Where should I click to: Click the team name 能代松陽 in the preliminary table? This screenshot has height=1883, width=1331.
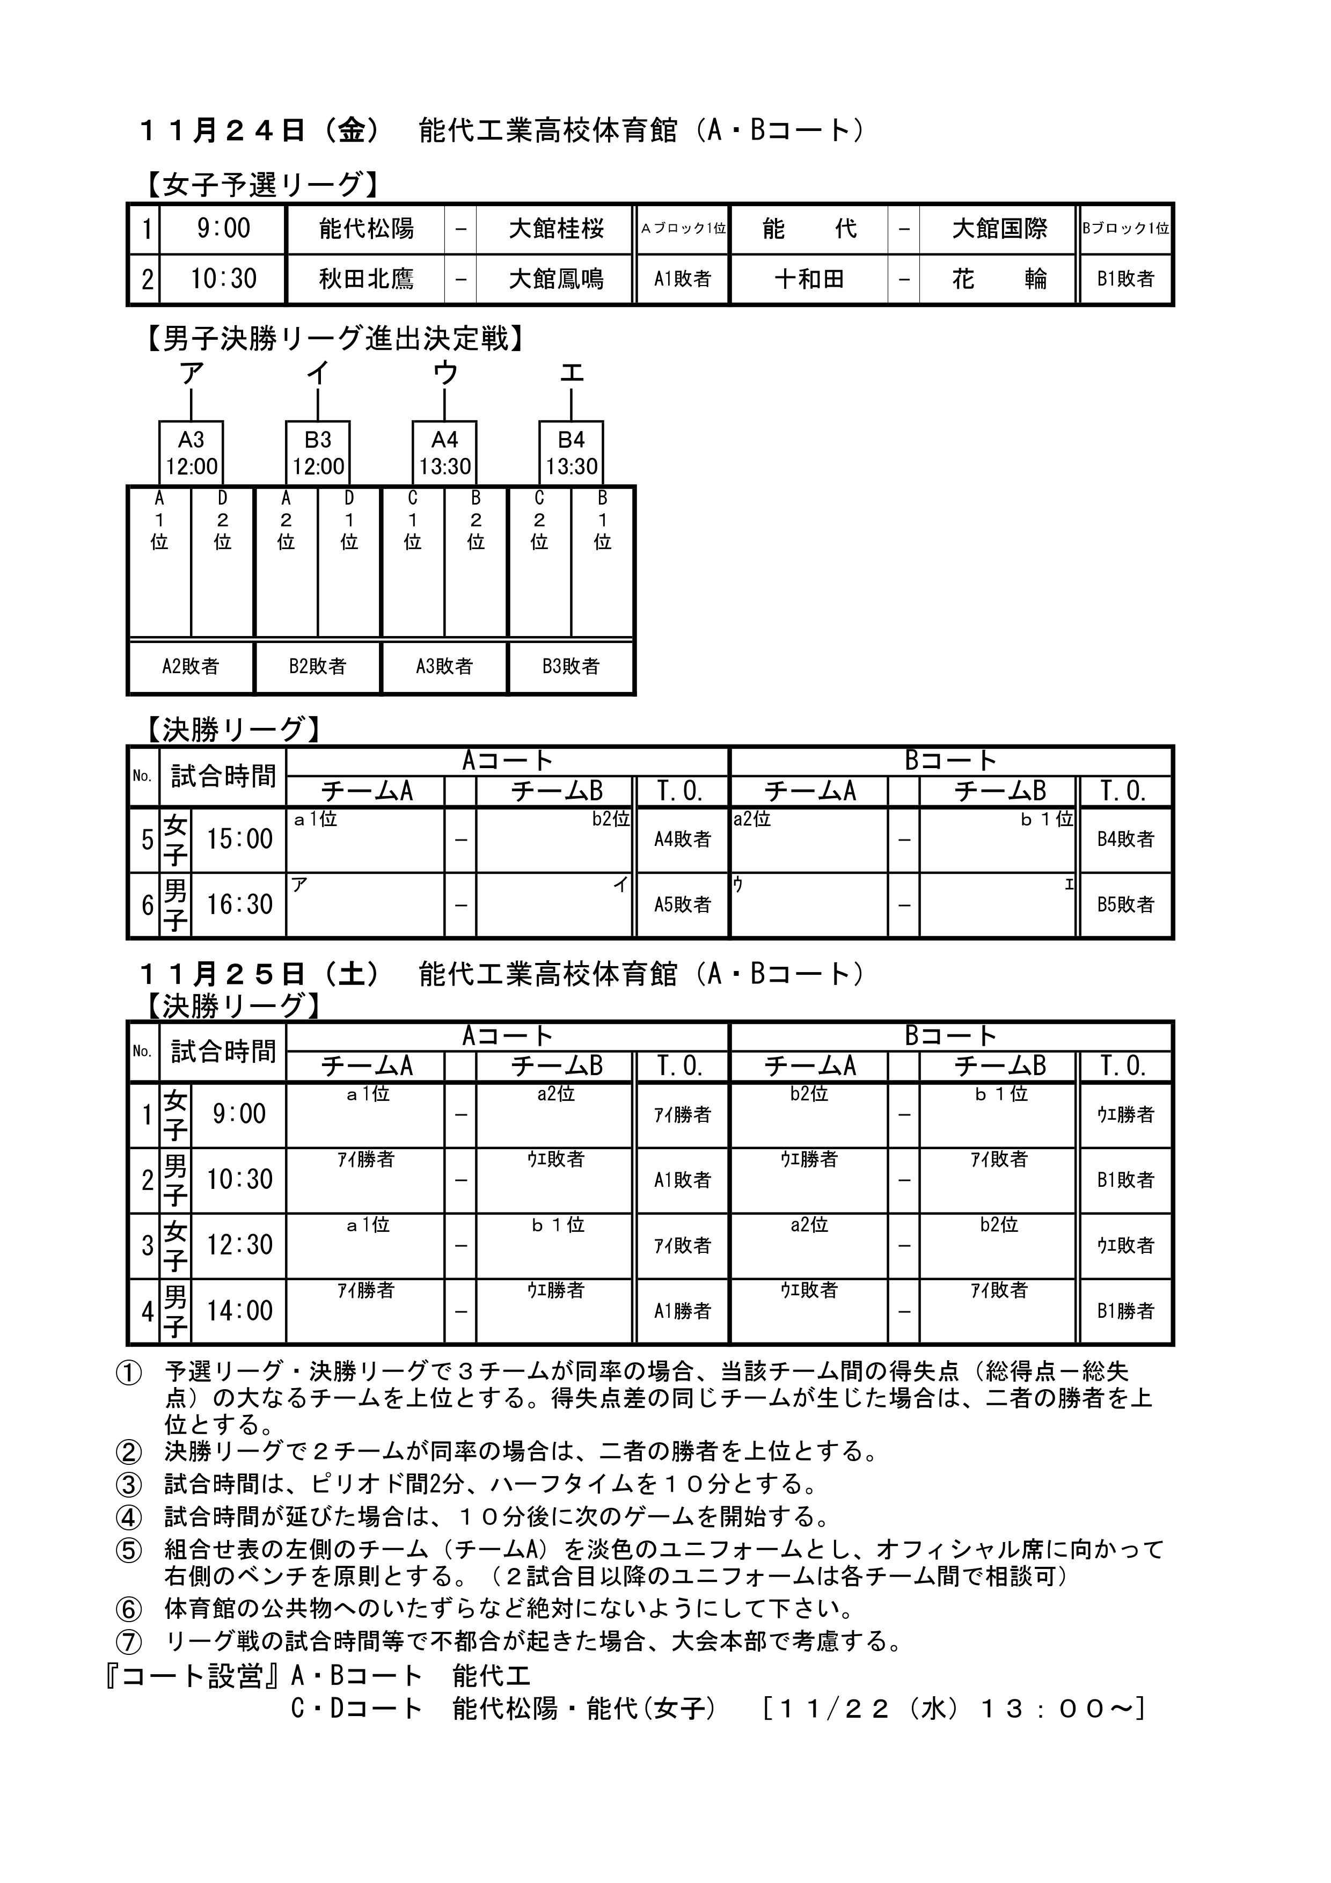coord(366,228)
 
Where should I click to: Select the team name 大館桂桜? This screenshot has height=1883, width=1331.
coord(556,228)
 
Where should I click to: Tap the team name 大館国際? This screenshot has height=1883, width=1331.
coord(999,228)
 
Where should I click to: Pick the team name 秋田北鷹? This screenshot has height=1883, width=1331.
coord(366,279)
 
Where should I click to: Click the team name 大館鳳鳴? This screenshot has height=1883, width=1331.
coord(556,279)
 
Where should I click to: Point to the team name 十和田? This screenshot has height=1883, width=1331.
coord(809,279)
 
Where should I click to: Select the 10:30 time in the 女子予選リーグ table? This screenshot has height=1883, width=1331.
coord(223,279)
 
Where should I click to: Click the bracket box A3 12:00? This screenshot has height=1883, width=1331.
coord(191,452)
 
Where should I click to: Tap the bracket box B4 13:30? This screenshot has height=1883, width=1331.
coord(572,452)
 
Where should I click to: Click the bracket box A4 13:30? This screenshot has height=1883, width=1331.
coord(444,452)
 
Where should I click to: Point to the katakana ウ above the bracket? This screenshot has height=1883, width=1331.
coord(444,374)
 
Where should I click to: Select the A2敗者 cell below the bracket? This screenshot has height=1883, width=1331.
coord(191,666)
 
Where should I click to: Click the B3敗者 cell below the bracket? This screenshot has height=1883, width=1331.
coord(571,666)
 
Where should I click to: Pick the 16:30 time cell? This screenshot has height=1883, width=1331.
coord(239,904)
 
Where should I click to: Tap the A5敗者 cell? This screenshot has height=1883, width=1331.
coord(682,904)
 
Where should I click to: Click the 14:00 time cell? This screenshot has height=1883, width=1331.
coord(239,1311)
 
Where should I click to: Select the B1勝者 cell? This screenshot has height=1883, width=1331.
coord(1125,1311)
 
